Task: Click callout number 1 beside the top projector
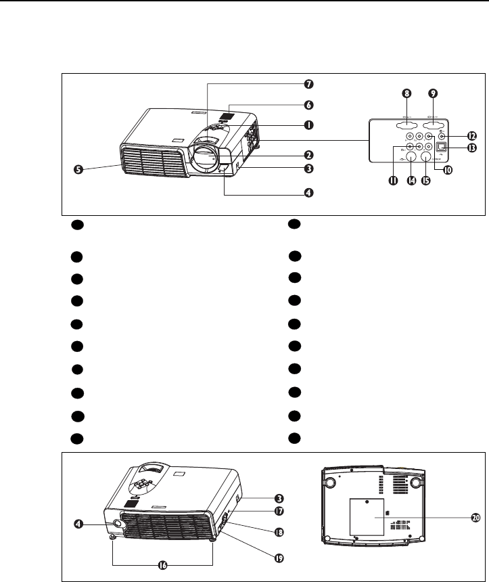pos(308,125)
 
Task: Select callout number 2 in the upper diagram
pos(308,154)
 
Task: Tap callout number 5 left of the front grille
pos(79,170)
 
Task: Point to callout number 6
pos(308,105)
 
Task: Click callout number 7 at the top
pos(308,85)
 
